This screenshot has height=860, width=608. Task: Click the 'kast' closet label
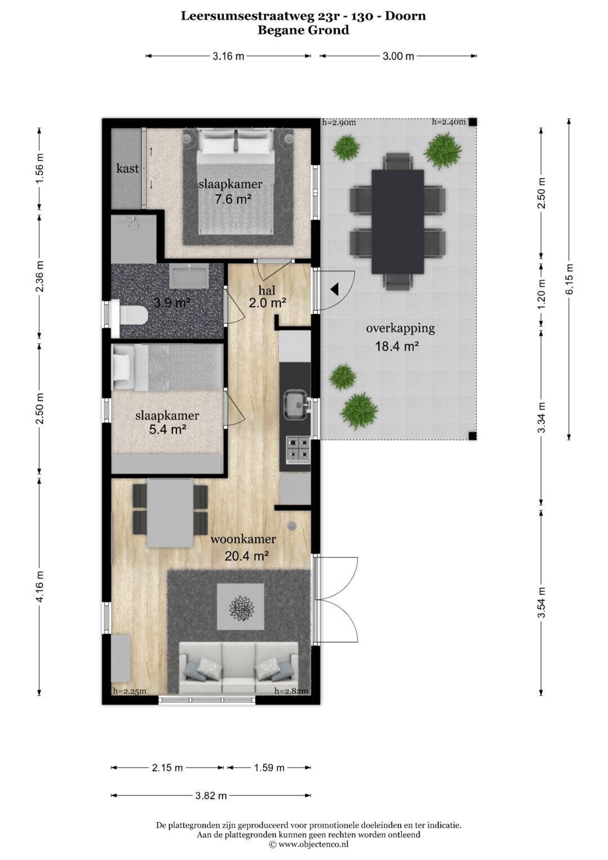point(127,168)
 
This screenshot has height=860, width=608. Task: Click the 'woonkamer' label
point(243,538)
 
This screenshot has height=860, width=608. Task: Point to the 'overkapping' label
point(400,329)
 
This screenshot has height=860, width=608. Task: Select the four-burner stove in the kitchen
point(298,449)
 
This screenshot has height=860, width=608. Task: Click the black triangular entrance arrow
point(334,289)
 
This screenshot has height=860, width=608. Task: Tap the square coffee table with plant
point(241,607)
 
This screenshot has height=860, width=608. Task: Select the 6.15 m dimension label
point(569,278)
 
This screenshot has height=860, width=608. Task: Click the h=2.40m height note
point(449,122)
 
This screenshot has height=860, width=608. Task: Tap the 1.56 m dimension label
point(39,168)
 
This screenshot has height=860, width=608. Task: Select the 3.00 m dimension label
point(399,56)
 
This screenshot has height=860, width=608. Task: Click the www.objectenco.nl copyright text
point(309,844)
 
